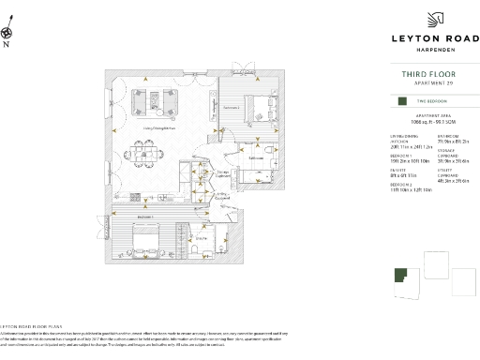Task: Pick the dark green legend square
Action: tap(400, 100)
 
